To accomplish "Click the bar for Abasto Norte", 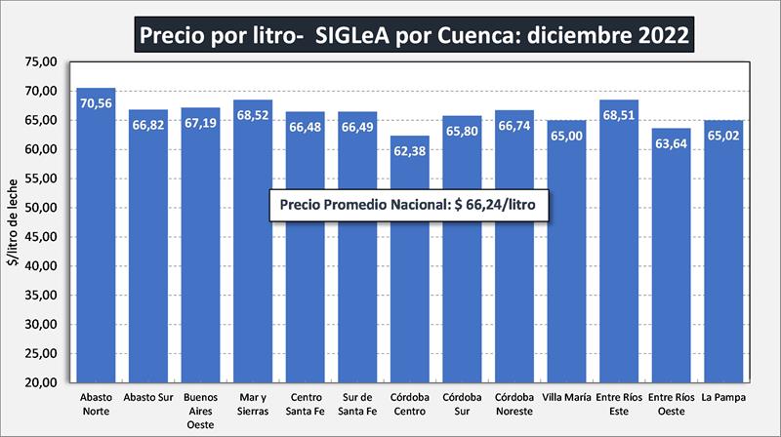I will tap(96, 244).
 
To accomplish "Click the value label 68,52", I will tap(253, 113).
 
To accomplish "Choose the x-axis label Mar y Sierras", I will tap(253, 404).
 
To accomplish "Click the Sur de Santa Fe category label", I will tap(357, 404).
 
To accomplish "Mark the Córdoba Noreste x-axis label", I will tap(514, 404).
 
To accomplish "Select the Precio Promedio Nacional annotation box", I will tap(410, 205).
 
